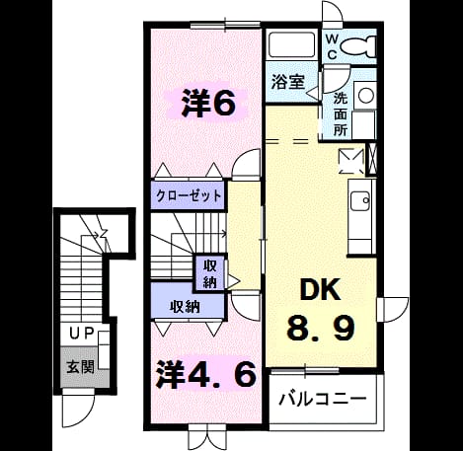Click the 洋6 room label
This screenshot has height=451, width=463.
tap(208, 104)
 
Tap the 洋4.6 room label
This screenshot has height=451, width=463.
tap(206, 374)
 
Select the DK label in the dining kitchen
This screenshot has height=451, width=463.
tap(321, 289)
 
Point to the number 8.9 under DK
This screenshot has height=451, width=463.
tap(321, 328)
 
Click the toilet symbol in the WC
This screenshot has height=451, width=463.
tap(358, 46)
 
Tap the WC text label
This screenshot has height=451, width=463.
tap(332, 47)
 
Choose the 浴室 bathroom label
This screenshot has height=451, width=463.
tap(287, 82)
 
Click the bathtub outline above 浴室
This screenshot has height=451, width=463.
tap(291, 44)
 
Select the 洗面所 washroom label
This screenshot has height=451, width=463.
tap(341, 114)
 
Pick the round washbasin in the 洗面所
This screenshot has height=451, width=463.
tap(366, 96)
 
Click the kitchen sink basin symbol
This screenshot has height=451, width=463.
tap(360, 201)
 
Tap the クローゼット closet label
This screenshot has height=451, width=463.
tap(189, 196)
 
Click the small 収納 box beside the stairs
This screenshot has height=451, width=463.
tap(210, 273)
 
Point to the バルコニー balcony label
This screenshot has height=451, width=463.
tap(322, 399)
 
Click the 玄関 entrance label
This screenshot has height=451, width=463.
tap(81, 366)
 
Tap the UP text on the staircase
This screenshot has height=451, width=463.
tap(82, 334)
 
